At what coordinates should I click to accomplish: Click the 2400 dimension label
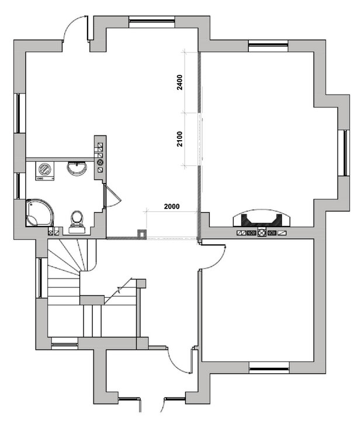180,82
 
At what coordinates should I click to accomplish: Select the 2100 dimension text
180,139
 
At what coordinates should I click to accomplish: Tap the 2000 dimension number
172,206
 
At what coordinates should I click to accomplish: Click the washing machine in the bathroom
45,171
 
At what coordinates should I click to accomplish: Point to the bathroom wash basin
77,168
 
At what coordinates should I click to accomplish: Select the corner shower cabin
39,213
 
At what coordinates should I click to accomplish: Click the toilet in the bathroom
77,222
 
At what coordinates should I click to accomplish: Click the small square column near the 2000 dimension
142,234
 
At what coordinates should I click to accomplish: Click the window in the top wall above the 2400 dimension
152,22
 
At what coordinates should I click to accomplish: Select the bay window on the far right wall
344,152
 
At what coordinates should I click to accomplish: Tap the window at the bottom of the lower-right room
269,368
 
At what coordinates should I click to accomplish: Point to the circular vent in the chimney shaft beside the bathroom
100,162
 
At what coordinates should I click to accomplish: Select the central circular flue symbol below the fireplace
261,232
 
